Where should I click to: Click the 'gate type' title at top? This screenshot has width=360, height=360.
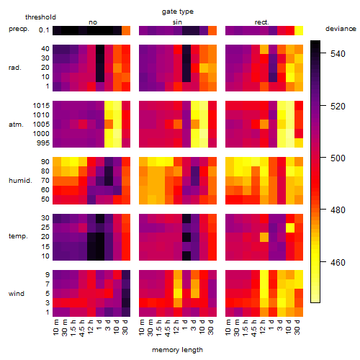click(178, 12)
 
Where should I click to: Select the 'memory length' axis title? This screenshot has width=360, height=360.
click(177, 350)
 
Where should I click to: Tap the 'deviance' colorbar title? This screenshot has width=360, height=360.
click(341, 29)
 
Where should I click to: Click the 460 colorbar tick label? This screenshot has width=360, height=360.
click(338, 263)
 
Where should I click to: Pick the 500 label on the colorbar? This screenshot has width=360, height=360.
click(338, 158)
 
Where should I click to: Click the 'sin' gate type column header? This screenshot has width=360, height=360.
click(177, 22)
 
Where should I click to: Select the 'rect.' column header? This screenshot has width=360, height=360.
click(262, 22)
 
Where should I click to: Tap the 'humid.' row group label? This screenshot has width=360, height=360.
click(20, 181)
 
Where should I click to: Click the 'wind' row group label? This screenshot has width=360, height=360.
click(17, 294)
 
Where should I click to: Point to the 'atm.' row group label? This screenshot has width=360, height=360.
click(16, 125)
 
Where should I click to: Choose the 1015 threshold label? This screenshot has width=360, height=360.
click(41, 106)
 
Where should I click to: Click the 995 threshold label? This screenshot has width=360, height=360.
click(43, 143)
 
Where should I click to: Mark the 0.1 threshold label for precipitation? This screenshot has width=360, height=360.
click(44, 30)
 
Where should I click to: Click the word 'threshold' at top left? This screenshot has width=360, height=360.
click(40, 17)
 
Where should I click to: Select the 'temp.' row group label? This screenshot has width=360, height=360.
click(18, 236)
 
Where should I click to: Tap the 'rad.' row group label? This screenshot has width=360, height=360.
click(15, 68)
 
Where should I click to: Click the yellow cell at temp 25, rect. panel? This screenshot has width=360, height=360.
click(290, 228)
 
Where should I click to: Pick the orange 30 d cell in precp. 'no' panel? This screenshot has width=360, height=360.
click(126, 30)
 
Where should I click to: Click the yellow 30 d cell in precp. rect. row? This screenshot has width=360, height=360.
click(299, 30)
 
